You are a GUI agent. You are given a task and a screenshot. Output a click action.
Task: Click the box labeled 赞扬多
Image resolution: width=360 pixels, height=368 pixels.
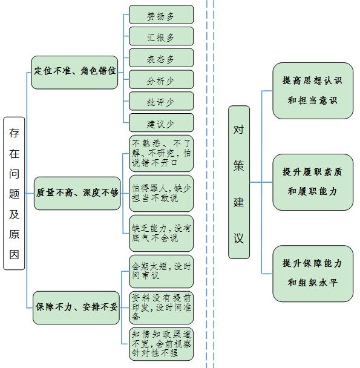(161, 15)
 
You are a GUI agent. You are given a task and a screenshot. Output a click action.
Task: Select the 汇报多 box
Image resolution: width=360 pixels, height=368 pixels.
(161, 36)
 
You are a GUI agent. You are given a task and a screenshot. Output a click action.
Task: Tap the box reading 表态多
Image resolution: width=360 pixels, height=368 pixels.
(161, 58)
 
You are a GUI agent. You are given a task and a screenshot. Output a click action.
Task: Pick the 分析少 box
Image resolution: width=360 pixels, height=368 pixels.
(161, 79)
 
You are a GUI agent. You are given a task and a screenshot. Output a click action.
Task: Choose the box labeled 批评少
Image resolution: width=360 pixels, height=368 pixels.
(161, 101)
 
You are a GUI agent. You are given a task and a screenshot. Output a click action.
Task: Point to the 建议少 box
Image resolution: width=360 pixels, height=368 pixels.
(161, 123)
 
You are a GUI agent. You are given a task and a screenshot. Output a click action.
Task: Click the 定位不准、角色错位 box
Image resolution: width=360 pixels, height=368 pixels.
(74, 73)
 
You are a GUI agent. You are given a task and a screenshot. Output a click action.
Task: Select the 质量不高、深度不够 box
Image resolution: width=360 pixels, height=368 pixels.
(77, 194)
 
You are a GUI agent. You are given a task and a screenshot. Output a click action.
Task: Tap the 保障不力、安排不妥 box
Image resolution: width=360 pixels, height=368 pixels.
(76, 307)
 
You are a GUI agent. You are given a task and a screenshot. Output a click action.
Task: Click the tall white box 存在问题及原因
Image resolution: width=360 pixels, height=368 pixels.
(14, 194)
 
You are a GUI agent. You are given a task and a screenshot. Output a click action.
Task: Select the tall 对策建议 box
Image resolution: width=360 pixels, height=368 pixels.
(239, 182)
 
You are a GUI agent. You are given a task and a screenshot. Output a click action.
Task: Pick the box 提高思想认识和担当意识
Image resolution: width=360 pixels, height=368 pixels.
(313, 91)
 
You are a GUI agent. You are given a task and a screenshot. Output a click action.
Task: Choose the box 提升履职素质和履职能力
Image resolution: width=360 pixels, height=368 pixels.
(313, 182)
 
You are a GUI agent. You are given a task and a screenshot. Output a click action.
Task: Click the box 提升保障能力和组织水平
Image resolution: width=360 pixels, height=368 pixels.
(313, 274)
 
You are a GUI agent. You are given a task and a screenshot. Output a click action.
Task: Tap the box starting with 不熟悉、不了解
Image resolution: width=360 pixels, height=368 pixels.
(161, 154)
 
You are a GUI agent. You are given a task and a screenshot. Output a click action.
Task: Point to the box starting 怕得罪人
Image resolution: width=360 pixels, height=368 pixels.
(161, 194)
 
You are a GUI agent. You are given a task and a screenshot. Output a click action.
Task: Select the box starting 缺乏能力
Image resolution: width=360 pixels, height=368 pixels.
(161, 233)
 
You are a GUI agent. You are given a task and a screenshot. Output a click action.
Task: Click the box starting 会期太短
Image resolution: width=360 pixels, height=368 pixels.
(161, 272)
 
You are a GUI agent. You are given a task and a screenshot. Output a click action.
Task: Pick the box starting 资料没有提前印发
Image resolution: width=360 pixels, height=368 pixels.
(161, 307)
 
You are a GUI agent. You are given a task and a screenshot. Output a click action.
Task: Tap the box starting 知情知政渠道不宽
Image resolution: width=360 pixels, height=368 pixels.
(161, 344)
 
